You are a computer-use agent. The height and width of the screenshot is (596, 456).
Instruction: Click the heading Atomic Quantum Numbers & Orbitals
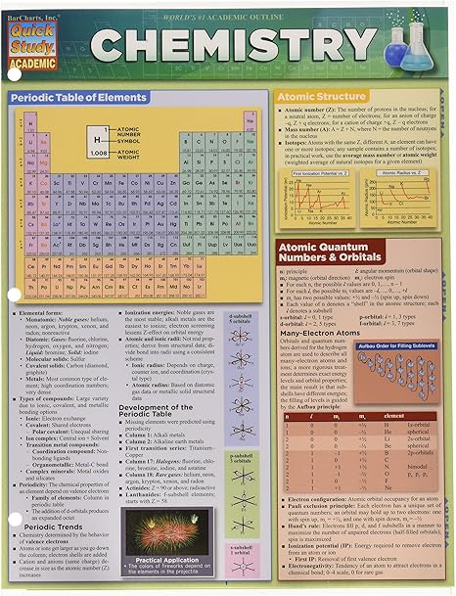[x=337, y=252]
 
